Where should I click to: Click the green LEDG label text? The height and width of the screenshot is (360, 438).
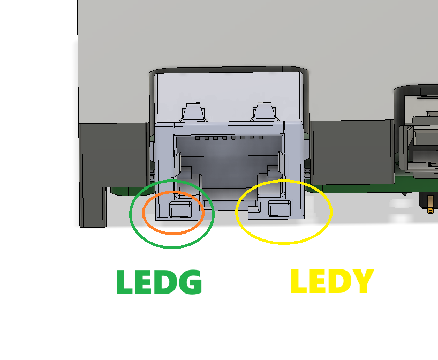pyautogui.click(x=159, y=282)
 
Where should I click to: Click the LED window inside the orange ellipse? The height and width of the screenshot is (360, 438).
pyautogui.click(x=180, y=210)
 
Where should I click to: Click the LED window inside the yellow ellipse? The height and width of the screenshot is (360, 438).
pyautogui.click(x=280, y=209)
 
